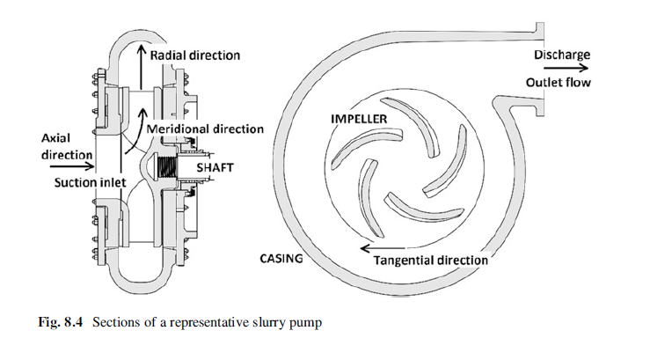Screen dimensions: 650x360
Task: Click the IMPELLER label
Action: coord(359,119)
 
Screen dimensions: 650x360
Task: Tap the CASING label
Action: coord(281,259)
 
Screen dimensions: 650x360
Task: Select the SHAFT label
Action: coord(215,167)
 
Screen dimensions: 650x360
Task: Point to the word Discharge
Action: coord(562,55)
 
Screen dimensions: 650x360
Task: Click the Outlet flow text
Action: coord(559,83)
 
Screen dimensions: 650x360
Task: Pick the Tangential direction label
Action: coord(431,261)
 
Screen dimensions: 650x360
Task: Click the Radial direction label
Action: coord(195,55)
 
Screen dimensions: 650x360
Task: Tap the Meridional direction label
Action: coord(205,129)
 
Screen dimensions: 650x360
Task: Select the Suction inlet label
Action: coord(90,182)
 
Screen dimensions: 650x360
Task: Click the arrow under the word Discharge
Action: coord(566,68)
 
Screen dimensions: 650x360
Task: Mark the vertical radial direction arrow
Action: coord(142,68)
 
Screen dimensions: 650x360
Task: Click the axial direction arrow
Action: coord(72,166)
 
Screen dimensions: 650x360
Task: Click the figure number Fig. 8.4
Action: coord(61,322)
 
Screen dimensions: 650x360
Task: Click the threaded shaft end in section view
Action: coord(167,165)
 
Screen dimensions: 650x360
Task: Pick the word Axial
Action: coord(55,138)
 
